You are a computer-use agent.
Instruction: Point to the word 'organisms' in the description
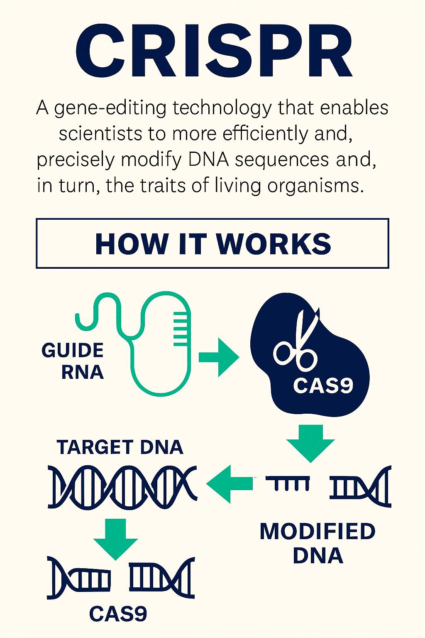pos(313,185)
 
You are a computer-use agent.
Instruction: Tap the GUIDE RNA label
pos(73,361)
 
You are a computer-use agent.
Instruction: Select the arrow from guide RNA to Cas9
pos(219,357)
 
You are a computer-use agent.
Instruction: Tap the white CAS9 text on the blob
pos(323,385)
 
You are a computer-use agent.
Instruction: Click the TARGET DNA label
pos(120,447)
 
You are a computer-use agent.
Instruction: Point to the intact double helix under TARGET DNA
pos(122,487)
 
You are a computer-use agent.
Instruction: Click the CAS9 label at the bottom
pos(118,613)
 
